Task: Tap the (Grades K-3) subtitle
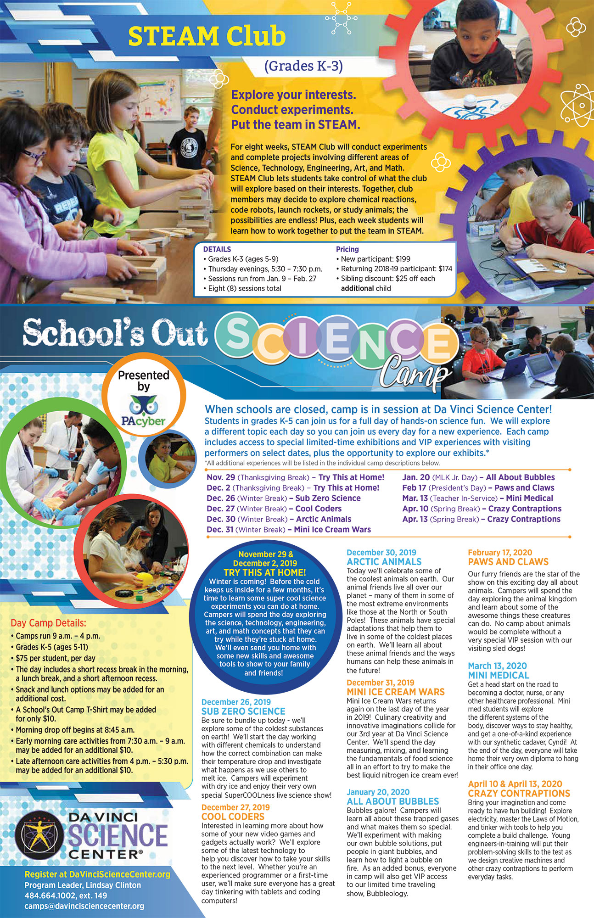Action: (303, 66)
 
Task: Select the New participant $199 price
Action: (375, 259)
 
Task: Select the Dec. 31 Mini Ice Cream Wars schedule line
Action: (289, 530)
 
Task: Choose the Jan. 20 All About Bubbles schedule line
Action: (478, 477)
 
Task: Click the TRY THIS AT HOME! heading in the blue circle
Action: (265, 572)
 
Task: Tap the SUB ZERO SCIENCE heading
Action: (243, 711)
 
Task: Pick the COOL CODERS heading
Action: (233, 817)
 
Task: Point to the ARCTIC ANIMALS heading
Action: (384, 562)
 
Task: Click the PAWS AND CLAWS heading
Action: (508, 562)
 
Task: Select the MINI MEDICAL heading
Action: (499, 675)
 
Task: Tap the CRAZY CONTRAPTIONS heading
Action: (519, 794)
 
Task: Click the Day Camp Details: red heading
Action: (48, 623)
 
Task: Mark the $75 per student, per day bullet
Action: (56, 658)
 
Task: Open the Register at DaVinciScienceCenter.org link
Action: (97, 875)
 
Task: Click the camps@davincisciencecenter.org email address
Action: (84, 906)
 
